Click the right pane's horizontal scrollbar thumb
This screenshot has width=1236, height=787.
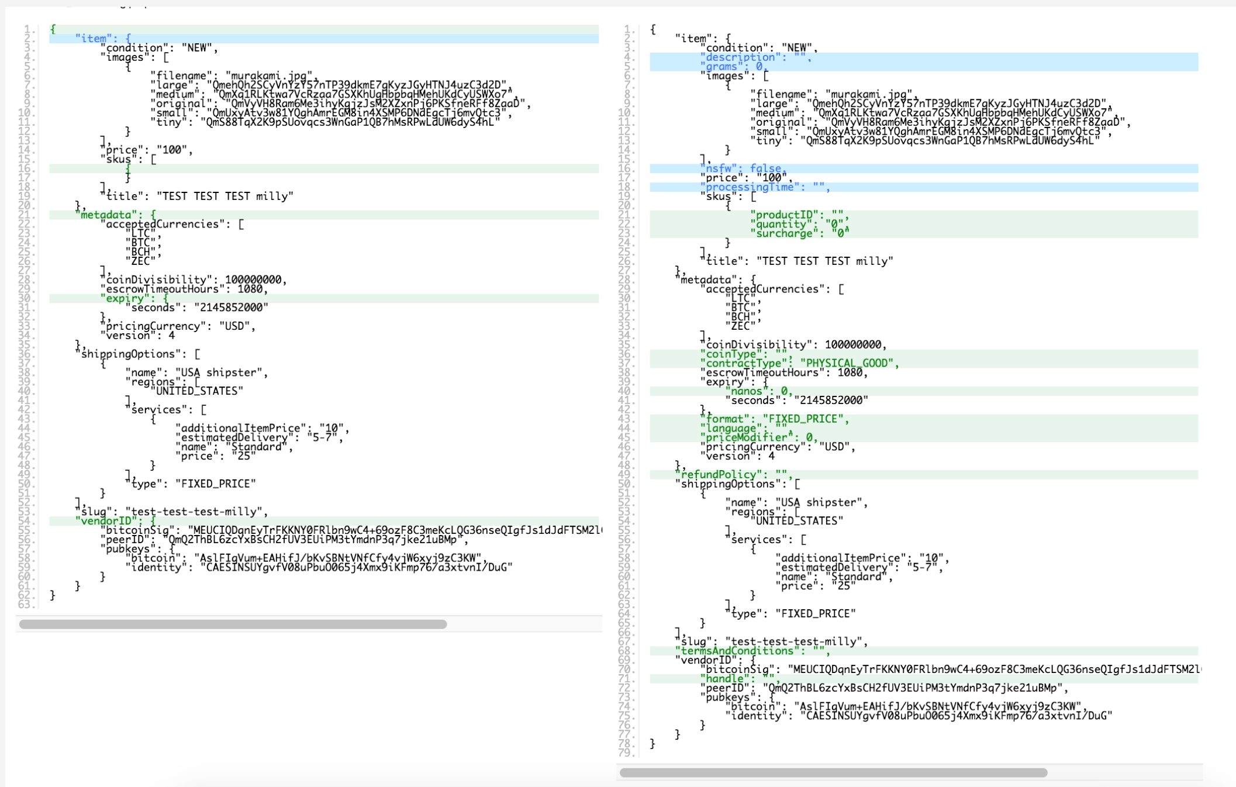tap(833, 773)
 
